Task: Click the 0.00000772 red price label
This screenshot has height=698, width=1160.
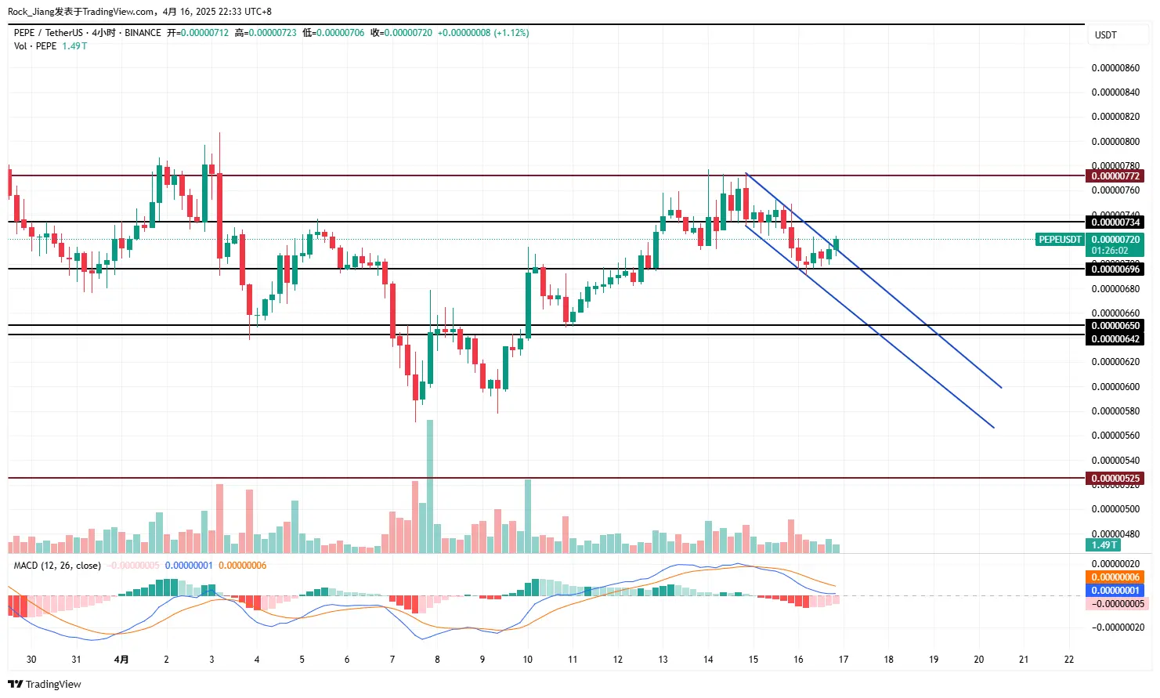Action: tap(1115, 176)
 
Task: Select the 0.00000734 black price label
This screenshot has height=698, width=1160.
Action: tap(1115, 222)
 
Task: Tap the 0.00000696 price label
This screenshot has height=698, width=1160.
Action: tap(1115, 269)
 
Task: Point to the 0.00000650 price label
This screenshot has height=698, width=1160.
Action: tap(1115, 326)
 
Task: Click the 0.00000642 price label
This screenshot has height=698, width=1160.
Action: tap(1115, 339)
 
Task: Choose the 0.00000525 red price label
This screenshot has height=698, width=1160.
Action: tap(1115, 479)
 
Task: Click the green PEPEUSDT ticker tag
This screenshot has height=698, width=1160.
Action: tap(1060, 240)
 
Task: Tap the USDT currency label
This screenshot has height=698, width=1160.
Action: tap(1105, 35)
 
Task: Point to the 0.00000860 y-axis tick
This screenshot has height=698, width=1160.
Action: tap(1115, 68)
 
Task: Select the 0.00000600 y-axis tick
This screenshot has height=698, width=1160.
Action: tap(1115, 387)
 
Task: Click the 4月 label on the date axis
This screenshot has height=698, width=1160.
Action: tap(121, 660)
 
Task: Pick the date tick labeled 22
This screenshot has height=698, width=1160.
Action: tap(1069, 660)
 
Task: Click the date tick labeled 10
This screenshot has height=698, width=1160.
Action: tap(528, 660)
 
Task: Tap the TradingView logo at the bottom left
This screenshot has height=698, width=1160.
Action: tap(45, 685)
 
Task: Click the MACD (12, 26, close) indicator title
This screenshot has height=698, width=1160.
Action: tap(57, 566)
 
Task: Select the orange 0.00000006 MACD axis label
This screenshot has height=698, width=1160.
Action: tap(1115, 577)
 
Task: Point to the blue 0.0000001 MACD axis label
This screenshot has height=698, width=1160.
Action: tap(1115, 591)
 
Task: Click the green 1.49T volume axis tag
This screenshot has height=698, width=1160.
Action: tap(1104, 545)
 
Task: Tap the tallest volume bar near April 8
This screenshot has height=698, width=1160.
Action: tap(430, 486)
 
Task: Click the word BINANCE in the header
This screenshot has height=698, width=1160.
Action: tap(143, 33)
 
